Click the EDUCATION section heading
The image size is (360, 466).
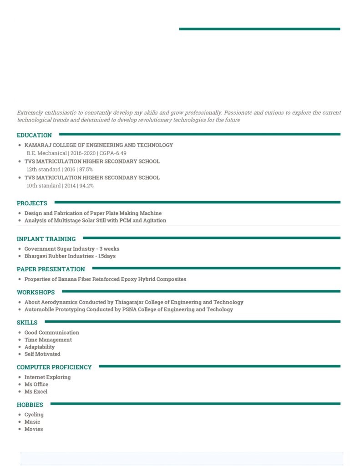(34, 135)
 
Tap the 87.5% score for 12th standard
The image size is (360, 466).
(86, 170)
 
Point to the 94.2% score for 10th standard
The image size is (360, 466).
(86, 186)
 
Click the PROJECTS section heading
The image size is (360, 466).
(32, 203)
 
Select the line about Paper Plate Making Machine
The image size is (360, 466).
(93, 213)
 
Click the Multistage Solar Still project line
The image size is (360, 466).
(95, 221)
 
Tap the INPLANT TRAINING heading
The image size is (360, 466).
(46, 239)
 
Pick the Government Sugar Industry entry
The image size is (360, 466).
(72, 249)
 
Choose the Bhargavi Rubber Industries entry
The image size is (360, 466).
(70, 256)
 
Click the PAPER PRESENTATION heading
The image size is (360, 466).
(51, 269)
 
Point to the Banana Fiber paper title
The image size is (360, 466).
(105, 279)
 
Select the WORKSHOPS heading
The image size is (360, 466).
(35, 293)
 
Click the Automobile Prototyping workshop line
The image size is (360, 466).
(128, 309)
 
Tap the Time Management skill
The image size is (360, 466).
(48, 340)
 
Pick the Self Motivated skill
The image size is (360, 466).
(42, 354)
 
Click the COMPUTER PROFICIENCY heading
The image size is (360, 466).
(54, 367)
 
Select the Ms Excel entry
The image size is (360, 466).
(36, 392)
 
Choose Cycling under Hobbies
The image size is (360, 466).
(34, 415)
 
